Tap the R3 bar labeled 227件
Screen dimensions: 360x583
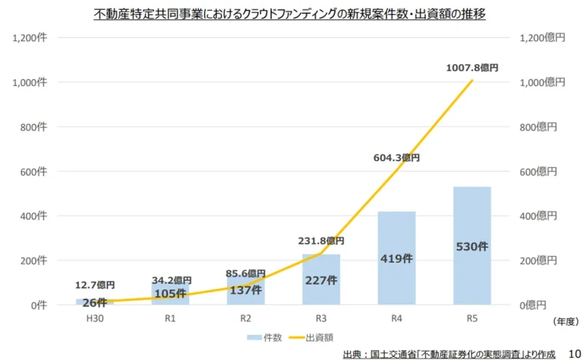pyautogui.click(x=321, y=279)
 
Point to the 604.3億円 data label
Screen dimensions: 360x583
pyautogui.click(x=396, y=158)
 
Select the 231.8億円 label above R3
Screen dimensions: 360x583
pyautogui.click(x=321, y=241)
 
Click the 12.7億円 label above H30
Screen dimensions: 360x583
pyautogui.click(x=95, y=285)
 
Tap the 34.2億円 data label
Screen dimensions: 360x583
pyautogui.click(x=170, y=281)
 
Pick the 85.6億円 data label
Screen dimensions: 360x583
pyautogui.click(x=246, y=273)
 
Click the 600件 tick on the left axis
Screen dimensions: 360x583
pyautogui.click(x=33, y=172)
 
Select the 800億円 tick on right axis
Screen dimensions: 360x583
pyautogui.click(x=539, y=127)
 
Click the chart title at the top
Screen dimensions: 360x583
pyautogui.click(x=290, y=14)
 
